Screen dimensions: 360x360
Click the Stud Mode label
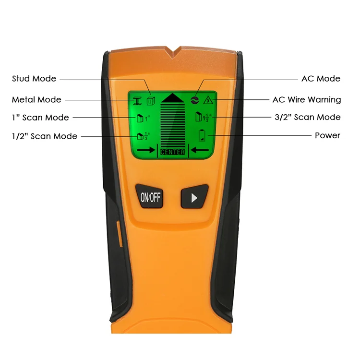point(34,78)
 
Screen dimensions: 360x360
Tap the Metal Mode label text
point(36,99)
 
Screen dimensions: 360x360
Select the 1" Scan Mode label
point(40,117)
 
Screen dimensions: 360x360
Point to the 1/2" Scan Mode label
point(45,136)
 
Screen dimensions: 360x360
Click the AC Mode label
point(321,78)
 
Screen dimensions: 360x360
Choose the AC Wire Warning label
point(306,99)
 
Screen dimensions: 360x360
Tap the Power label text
point(327,135)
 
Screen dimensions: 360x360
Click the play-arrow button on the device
point(194,197)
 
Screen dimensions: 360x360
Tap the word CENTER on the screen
point(173,152)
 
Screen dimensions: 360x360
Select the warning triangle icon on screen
point(208,100)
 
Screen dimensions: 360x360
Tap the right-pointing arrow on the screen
point(145,150)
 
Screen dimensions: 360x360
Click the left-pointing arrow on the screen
point(201,150)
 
